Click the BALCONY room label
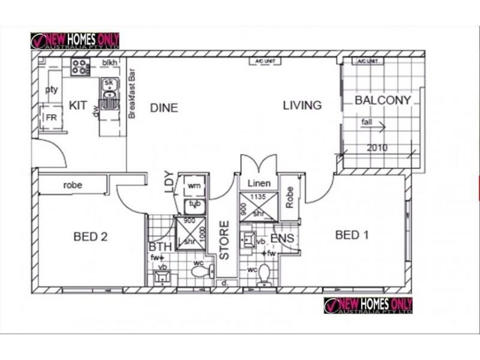click(x=383, y=100)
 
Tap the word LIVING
click(x=302, y=106)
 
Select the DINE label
click(x=164, y=108)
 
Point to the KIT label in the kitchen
click(x=78, y=106)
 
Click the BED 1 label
click(x=352, y=235)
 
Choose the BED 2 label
click(x=91, y=236)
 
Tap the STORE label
click(x=224, y=241)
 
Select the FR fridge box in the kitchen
click(x=51, y=118)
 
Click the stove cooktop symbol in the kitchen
click(x=80, y=66)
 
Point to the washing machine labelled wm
click(x=194, y=186)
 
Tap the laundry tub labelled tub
click(x=194, y=205)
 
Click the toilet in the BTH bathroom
click(x=200, y=271)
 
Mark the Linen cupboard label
click(x=259, y=183)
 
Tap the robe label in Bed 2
click(x=73, y=185)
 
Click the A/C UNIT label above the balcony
click(x=367, y=61)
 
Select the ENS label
click(x=283, y=239)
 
